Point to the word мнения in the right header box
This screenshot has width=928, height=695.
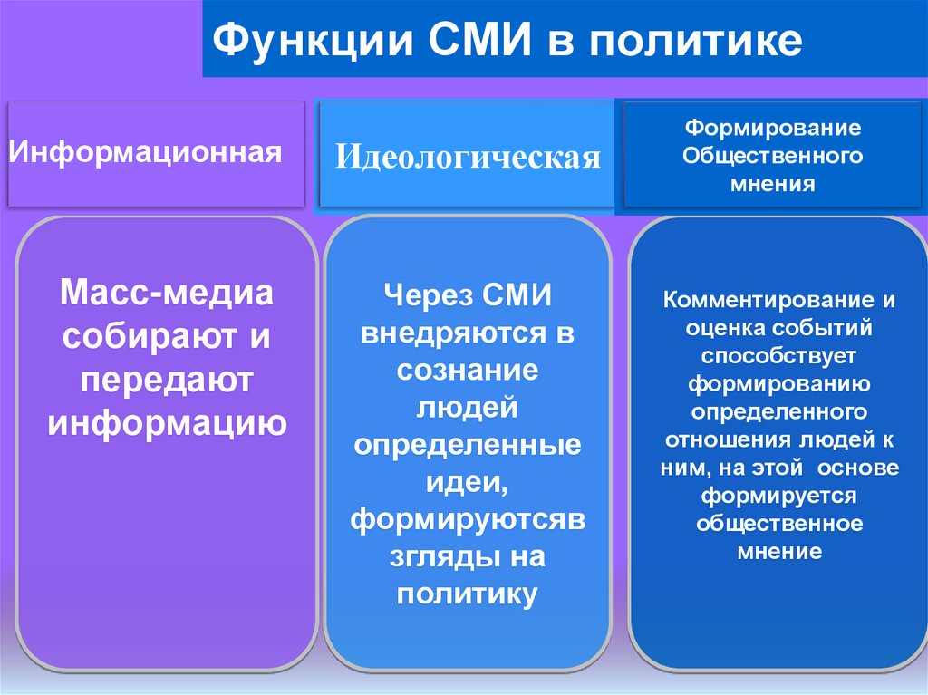tap(772, 184)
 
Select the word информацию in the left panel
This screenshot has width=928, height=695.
tap(167, 422)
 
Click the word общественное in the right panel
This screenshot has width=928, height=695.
tap(780, 524)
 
